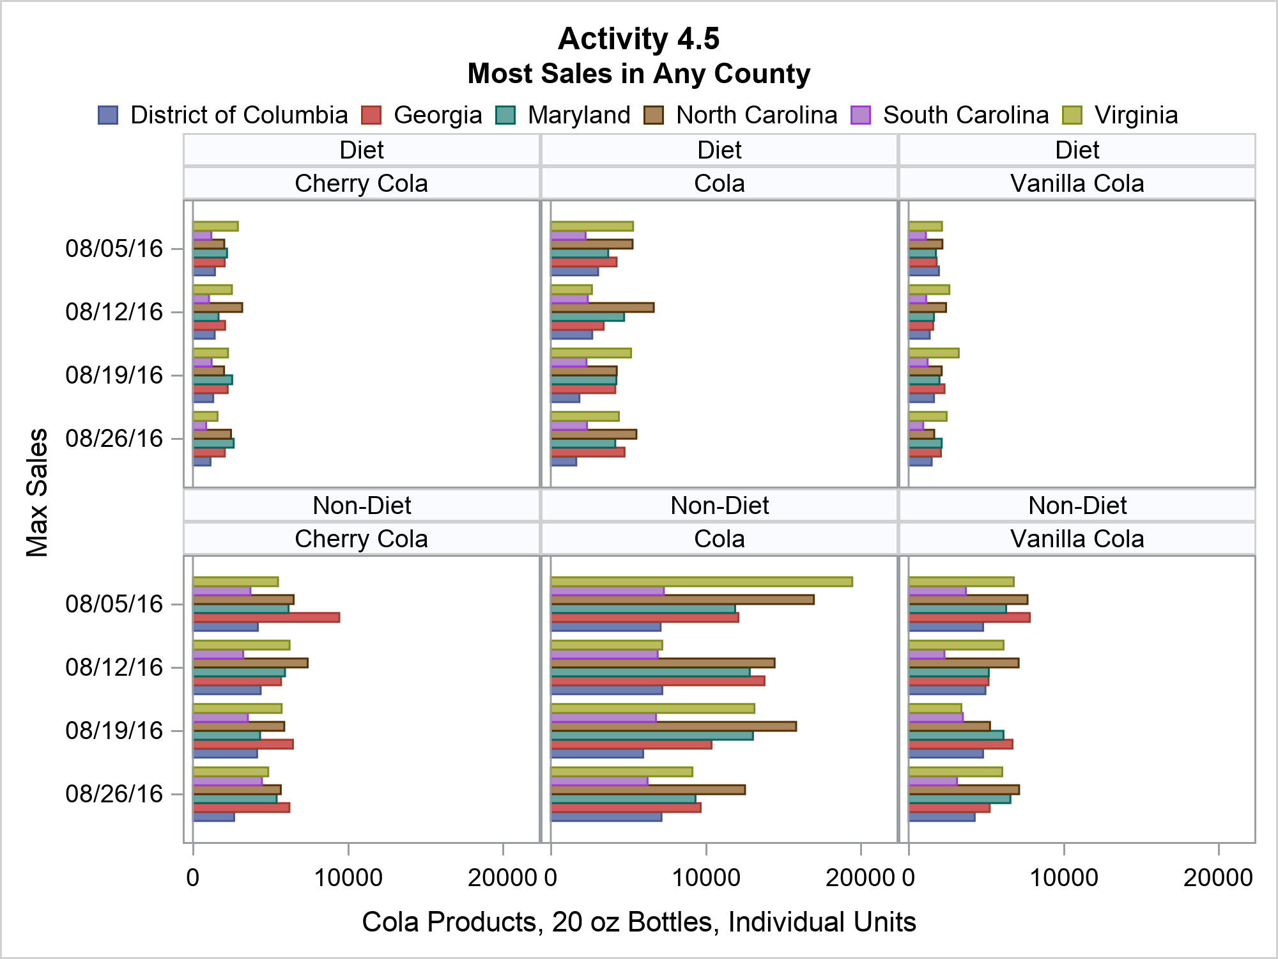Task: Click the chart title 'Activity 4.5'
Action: coord(638,39)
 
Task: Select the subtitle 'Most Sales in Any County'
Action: coord(638,74)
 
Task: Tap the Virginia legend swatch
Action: coord(1072,116)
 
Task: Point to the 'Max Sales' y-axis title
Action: coord(37,492)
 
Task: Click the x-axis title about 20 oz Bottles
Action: coord(638,923)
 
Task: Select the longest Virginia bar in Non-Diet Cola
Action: coord(701,582)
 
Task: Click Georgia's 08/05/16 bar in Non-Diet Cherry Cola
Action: coord(266,618)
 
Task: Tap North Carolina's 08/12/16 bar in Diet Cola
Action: coord(602,308)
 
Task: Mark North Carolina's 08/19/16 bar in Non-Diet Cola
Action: coord(674,726)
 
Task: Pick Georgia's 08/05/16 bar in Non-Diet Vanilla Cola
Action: coord(969,618)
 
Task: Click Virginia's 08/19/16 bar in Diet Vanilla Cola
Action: coord(934,353)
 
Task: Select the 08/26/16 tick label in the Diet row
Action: coord(114,439)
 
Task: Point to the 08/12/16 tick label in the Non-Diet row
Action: coord(114,667)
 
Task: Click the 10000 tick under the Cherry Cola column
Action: coord(348,878)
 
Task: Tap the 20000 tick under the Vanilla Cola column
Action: coord(1218,878)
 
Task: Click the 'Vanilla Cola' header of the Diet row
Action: coord(1077,184)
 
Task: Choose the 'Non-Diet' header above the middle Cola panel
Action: coord(720,506)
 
